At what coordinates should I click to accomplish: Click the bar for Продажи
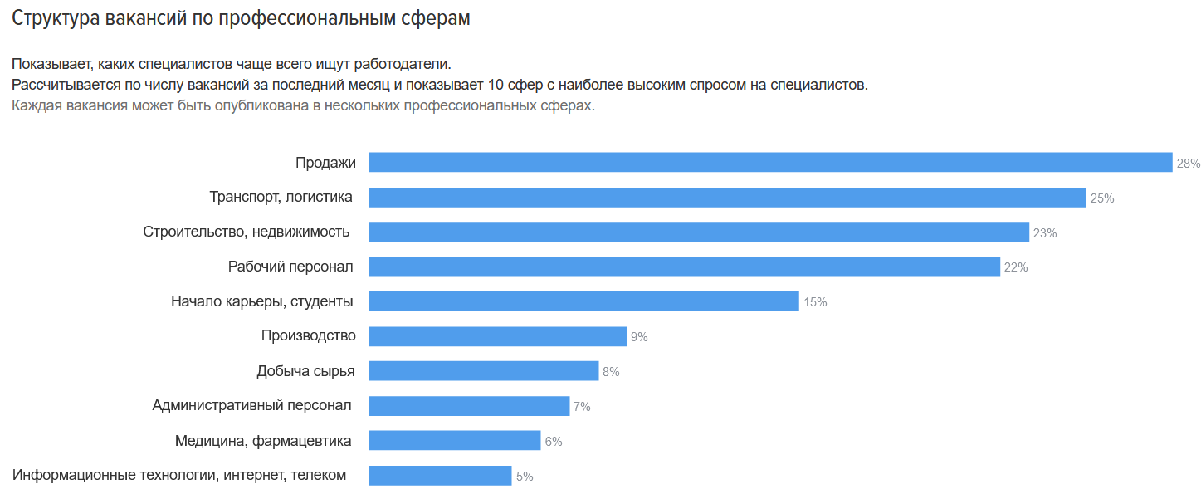(x=769, y=163)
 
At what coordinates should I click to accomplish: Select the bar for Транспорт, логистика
(x=727, y=198)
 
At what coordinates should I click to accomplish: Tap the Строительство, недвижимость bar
(x=698, y=232)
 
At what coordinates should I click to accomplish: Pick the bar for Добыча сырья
(x=483, y=371)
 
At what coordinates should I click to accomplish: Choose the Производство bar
(x=497, y=336)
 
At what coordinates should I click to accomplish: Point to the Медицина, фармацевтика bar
(x=454, y=441)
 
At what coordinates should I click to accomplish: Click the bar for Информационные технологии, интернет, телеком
(x=440, y=476)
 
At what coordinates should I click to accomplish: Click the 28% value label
(x=1188, y=164)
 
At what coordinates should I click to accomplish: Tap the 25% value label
(x=1102, y=198)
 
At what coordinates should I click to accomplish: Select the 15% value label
(x=815, y=302)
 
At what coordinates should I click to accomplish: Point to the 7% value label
(x=582, y=407)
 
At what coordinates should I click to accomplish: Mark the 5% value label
(x=525, y=477)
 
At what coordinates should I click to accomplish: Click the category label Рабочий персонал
(x=290, y=267)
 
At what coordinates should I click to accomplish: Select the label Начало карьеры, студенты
(x=262, y=301)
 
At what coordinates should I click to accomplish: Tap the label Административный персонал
(x=252, y=405)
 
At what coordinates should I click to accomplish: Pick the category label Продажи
(x=325, y=163)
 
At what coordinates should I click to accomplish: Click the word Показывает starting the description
(x=51, y=64)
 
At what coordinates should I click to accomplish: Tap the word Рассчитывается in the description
(x=64, y=85)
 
